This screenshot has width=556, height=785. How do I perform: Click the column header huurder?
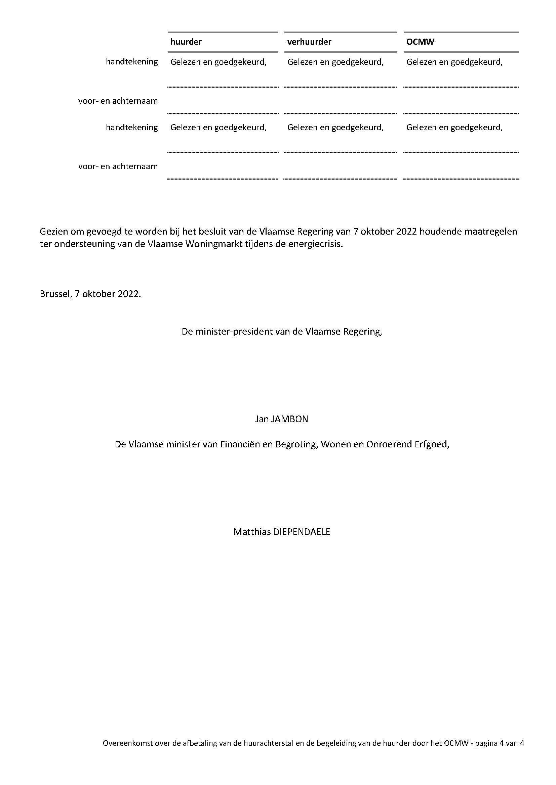click(x=186, y=42)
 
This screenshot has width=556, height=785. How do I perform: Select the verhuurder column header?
click(x=309, y=42)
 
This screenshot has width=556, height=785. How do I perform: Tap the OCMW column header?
click(x=420, y=42)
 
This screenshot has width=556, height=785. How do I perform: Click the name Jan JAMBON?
click(x=281, y=419)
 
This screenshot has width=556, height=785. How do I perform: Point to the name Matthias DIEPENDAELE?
click(x=282, y=532)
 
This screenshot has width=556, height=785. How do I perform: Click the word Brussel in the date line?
click(x=54, y=294)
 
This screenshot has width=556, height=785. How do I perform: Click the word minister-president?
click(x=235, y=332)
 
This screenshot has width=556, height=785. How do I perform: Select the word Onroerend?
click(x=389, y=444)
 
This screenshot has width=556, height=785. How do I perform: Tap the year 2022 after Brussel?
click(x=129, y=294)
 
